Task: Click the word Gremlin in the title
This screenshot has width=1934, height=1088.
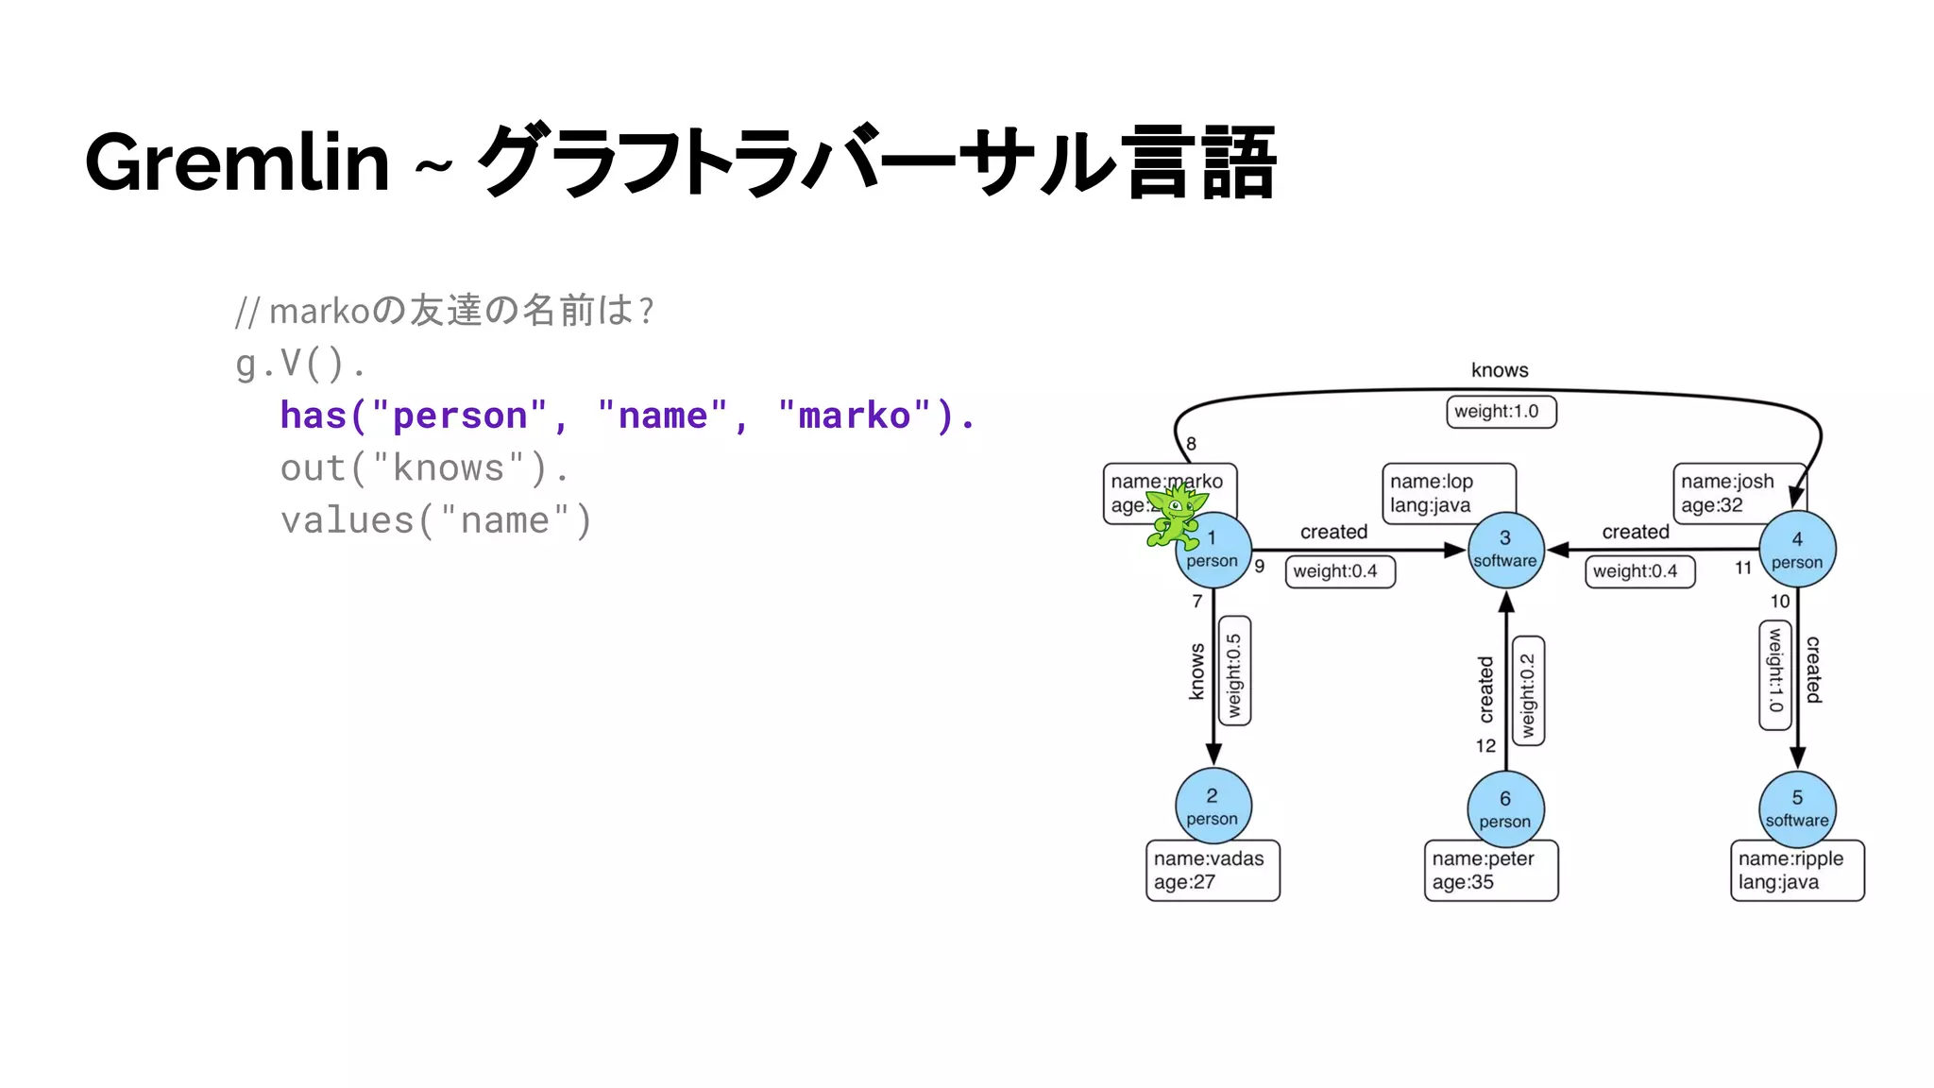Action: (237, 162)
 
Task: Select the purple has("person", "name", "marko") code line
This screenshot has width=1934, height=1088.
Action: (627, 416)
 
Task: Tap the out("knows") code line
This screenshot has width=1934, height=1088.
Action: (424, 468)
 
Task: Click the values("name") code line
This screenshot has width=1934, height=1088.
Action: (435, 520)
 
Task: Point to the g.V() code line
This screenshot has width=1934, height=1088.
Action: (299, 364)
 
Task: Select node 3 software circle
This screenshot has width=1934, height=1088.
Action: (1505, 550)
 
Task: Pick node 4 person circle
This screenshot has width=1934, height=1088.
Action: (1797, 550)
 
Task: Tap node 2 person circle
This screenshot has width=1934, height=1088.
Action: (1213, 807)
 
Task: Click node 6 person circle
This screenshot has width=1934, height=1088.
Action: (1505, 809)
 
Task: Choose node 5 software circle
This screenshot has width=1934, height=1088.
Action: (1797, 808)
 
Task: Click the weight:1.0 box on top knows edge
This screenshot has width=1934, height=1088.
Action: (1501, 412)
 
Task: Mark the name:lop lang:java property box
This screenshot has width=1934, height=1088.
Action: (1448, 493)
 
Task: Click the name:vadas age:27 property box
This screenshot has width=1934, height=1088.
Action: (1213, 871)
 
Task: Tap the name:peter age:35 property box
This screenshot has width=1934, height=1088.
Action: (1490, 871)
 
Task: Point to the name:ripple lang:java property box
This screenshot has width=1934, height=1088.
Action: (1796, 871)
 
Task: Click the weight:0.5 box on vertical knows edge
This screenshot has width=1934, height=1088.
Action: (1234, 671)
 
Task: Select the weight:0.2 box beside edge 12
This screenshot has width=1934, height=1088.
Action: (1528, 691)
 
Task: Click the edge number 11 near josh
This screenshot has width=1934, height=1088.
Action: (1743, 568)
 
